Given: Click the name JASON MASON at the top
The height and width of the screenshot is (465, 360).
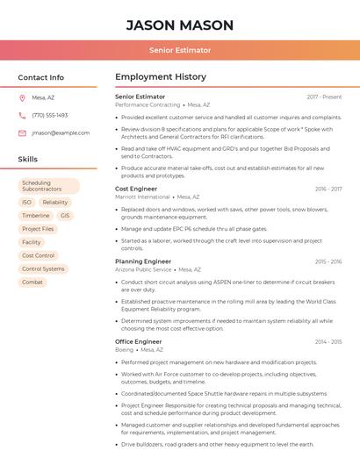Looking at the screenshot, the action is click(180, 25).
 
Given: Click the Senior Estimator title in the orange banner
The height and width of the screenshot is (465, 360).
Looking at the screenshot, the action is click(180, 50).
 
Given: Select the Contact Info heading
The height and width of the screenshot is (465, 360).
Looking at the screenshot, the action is click(41, 77).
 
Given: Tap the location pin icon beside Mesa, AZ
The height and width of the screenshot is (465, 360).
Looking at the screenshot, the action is click(22, 97).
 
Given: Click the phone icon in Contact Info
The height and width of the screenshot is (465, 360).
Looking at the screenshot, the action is click(22, 115).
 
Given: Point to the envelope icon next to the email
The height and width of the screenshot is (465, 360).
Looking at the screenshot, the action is click(22, 132).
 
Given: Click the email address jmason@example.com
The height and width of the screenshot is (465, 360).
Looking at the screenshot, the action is click(61, 132).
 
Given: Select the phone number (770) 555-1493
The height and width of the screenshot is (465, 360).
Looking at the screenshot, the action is click(49, 115).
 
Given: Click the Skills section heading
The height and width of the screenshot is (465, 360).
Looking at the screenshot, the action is click(28, 160).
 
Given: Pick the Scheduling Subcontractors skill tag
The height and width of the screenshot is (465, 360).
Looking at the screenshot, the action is click(48, 186).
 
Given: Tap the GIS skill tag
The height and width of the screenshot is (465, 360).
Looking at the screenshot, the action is click(65, 215).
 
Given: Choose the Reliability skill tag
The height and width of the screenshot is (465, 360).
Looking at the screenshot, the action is click(54, 202).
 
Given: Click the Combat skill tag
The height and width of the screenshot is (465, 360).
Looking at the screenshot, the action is click(32, 282).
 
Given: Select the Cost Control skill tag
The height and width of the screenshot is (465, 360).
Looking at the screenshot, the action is click(39, 255).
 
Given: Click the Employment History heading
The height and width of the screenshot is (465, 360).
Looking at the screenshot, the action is click(161, 77).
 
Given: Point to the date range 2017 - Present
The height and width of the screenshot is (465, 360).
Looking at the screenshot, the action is click(324, 97).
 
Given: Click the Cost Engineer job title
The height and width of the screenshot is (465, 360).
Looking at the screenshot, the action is click(136, 189).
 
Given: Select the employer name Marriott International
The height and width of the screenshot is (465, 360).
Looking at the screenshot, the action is click(142, 197).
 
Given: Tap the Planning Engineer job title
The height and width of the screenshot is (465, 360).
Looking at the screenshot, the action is click(143, 261).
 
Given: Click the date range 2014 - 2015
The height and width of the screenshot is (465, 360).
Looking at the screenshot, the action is click(328, 341).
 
